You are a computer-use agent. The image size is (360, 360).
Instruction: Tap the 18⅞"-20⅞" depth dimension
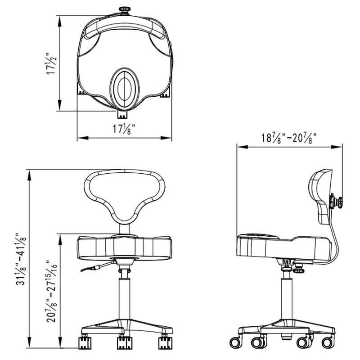(x=289, y=138)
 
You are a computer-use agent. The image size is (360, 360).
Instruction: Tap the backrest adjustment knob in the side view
(x=336, y=202)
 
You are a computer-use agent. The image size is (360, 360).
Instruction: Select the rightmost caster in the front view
(x=165, y=343)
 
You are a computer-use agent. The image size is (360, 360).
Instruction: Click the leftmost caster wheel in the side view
(x=236, y=343)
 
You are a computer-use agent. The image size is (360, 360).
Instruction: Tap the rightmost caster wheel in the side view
(x=328, y=343)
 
